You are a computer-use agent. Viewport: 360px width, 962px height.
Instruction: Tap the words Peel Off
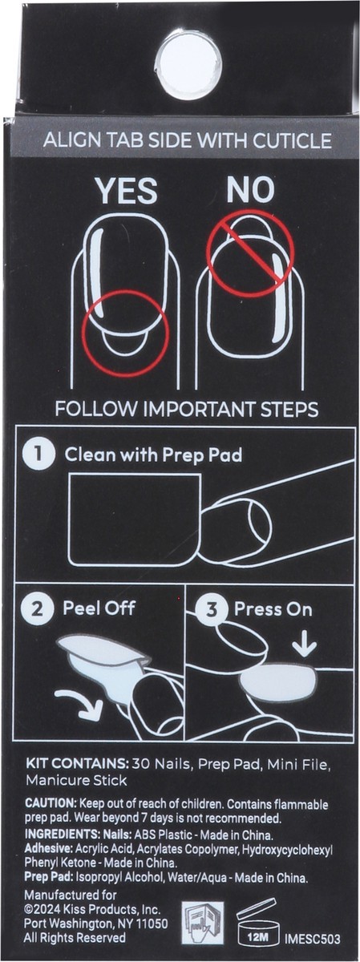[99, 608]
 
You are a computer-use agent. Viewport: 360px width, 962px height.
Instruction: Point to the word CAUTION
[50, 803]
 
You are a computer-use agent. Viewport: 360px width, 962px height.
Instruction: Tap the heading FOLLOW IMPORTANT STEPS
[186, 410]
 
